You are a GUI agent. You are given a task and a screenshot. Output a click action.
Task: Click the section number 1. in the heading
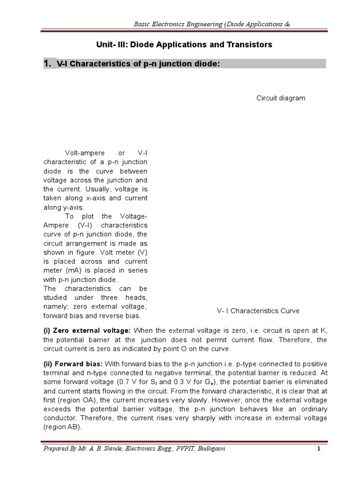tap(49, 64)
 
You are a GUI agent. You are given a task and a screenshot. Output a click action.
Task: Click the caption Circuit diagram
tap(280, 98)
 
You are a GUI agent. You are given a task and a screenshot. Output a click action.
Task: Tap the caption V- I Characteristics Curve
tap(258, 311)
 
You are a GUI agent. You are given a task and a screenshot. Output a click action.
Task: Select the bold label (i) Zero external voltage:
tap(87, 330)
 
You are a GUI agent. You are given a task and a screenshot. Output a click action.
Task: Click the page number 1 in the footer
tap(318, 449)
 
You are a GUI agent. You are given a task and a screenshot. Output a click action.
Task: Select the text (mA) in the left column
tap(72, 270)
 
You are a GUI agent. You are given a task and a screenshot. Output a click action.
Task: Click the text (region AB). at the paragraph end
tap(62, 427)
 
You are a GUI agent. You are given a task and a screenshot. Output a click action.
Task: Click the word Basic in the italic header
tap(142, 24)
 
